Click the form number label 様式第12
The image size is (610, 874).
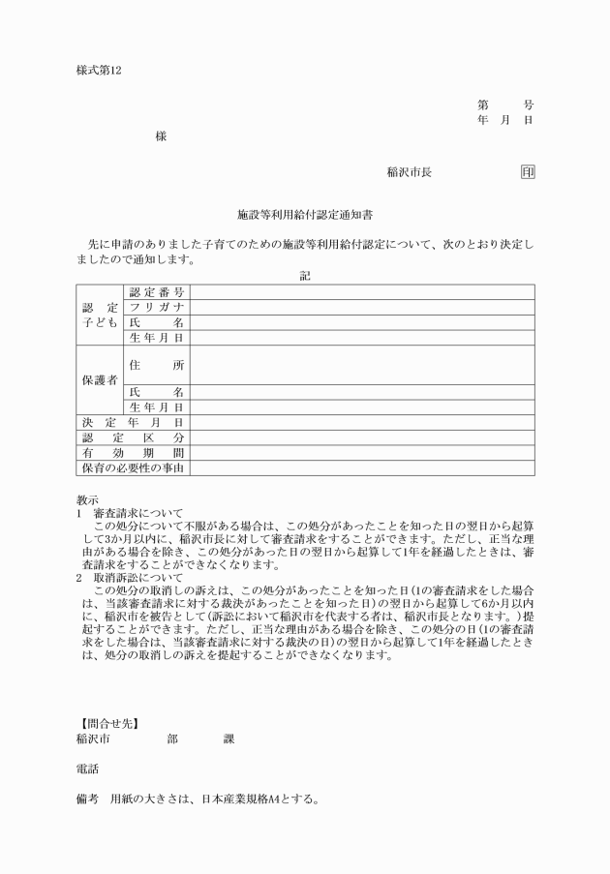(x=99, y=71)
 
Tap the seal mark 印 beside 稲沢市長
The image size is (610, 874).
(x=527, y=172)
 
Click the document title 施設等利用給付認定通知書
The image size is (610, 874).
(x=305, y=212)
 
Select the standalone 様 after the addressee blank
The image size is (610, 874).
(x=161, y=136)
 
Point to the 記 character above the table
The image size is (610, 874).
(x=305, y=275)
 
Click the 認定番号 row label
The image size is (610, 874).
(x=156, y=291)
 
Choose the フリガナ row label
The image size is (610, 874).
(x=156, y=307)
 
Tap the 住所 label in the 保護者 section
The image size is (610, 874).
(x=156, y=365)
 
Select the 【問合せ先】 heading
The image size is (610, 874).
(x=108, y=722)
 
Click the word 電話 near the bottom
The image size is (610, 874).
(x=87, y=769)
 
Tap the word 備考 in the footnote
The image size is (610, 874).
(x=87, y=800)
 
